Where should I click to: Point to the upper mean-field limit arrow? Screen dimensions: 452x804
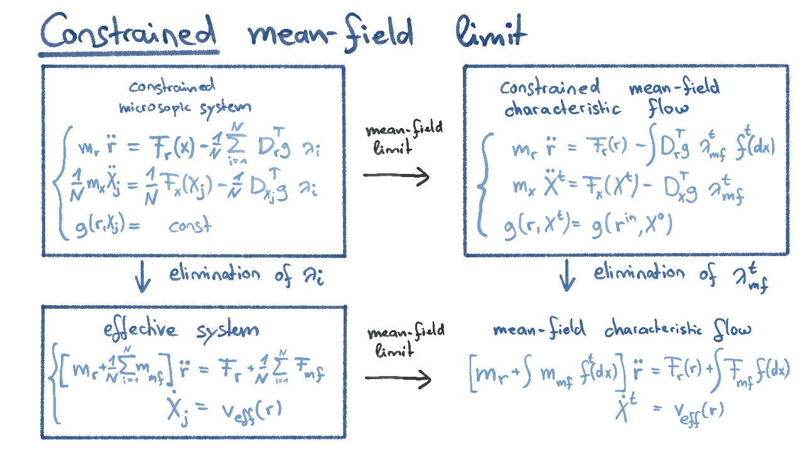coord(397,176)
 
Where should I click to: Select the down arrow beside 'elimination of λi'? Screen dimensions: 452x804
coord(143,279)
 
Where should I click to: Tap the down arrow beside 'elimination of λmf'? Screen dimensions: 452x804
coord(568,277)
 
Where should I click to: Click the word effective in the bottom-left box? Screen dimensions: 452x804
coord(143,330)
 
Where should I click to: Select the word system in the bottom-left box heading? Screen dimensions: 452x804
coord(227,331)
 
